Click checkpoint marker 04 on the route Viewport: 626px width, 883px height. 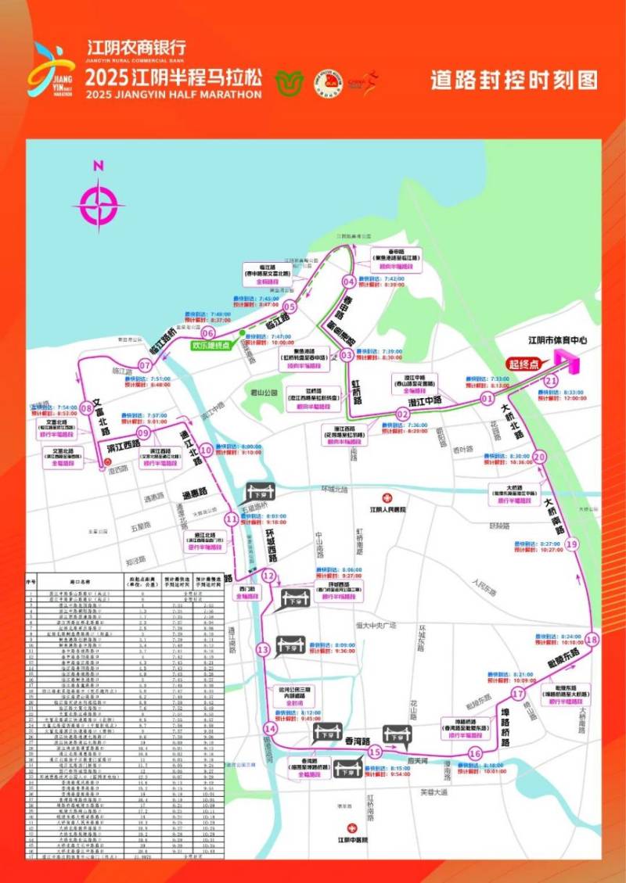click(x=349, y=282)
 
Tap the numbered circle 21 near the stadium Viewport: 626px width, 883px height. click(x=551, y=381)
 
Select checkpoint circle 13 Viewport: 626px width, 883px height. click(x=263, y=649)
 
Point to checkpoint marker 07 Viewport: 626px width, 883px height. click(x=145, y=365)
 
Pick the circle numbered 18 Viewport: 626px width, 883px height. click(x=592, y=640)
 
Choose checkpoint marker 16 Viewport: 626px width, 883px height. click(x=474, y=754)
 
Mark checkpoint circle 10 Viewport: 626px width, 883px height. click(x=206, y=450)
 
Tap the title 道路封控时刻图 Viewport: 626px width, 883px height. click(x=514, y=80)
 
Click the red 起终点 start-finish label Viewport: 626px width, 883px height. click(x=524, y=364)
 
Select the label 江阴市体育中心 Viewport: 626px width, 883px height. click(x=557, y=341)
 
